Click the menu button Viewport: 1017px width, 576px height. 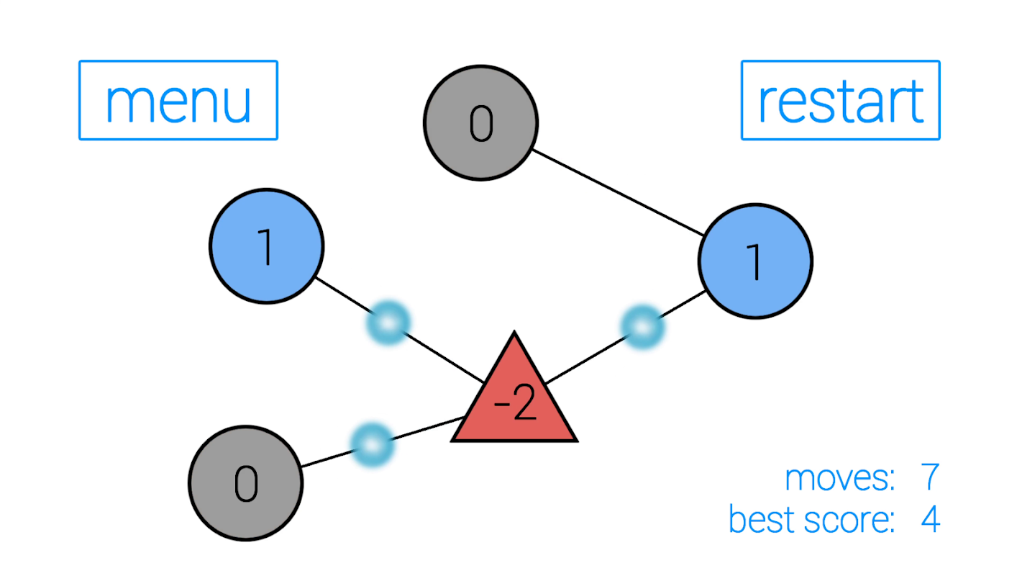point(178,100)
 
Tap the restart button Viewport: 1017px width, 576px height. point(840,100)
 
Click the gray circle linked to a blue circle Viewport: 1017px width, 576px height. point(480,123)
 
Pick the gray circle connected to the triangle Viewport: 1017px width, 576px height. point(245,483)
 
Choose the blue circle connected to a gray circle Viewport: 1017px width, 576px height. point(755,261)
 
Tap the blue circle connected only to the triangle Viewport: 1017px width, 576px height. point(266,246)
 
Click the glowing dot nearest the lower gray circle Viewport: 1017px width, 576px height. point(372,444)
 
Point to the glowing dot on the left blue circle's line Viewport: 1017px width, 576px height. point(388,322)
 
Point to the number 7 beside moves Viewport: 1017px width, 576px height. point(929,478)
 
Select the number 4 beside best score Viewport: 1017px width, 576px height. point(930,520)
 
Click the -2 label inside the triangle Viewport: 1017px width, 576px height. point(515,407)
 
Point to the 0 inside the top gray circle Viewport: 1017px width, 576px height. point(480,123)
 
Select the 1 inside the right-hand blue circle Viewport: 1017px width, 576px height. point(755,261)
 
